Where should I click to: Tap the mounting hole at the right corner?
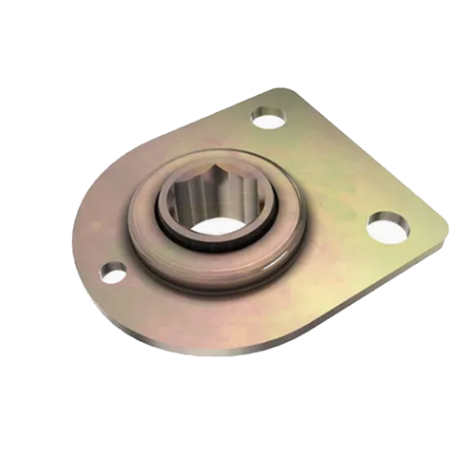[x=389, y=227]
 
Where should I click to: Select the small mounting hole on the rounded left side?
[x=113, y=273]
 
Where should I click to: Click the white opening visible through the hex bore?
[x=221, y=227]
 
